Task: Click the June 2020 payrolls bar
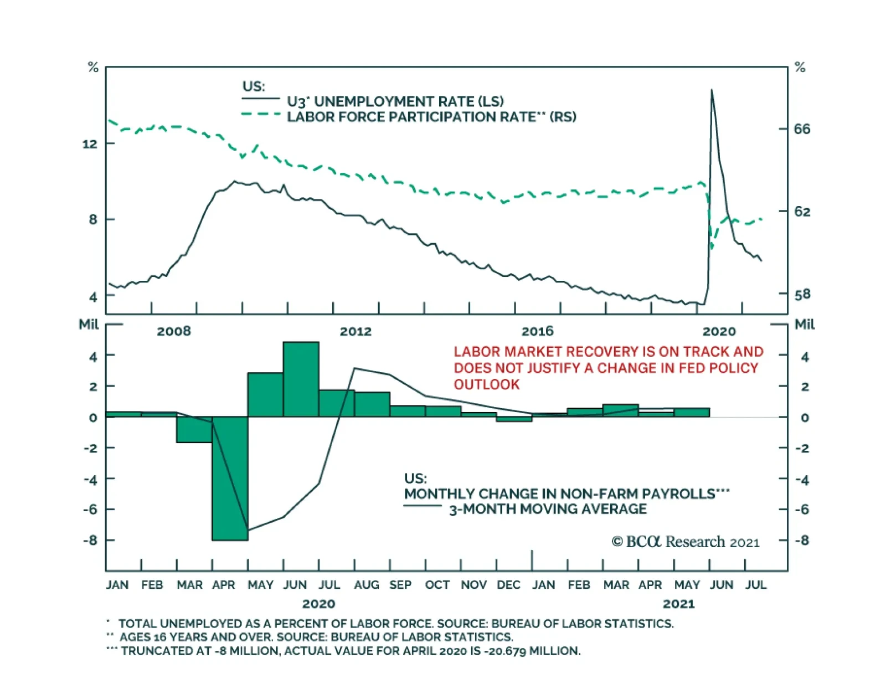click(301, 379)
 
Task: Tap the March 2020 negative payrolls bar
click(194, 429)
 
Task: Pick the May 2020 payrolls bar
click(265, 394)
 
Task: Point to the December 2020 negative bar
click(514, 419)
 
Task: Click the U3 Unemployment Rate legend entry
click(395, 101)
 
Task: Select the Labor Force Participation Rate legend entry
click(431, 117)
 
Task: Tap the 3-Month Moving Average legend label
click(547, 509)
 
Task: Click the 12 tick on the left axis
click(90, 144)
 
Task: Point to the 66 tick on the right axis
click(801, 129)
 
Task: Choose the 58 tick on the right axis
click(801, 294)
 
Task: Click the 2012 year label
click(356, 331)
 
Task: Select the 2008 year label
click(174, 331)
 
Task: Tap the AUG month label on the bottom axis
click(367, 585)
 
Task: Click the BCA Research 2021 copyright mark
click(685, 542)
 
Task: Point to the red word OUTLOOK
click(487, 384)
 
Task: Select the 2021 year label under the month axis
click(678, 604)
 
